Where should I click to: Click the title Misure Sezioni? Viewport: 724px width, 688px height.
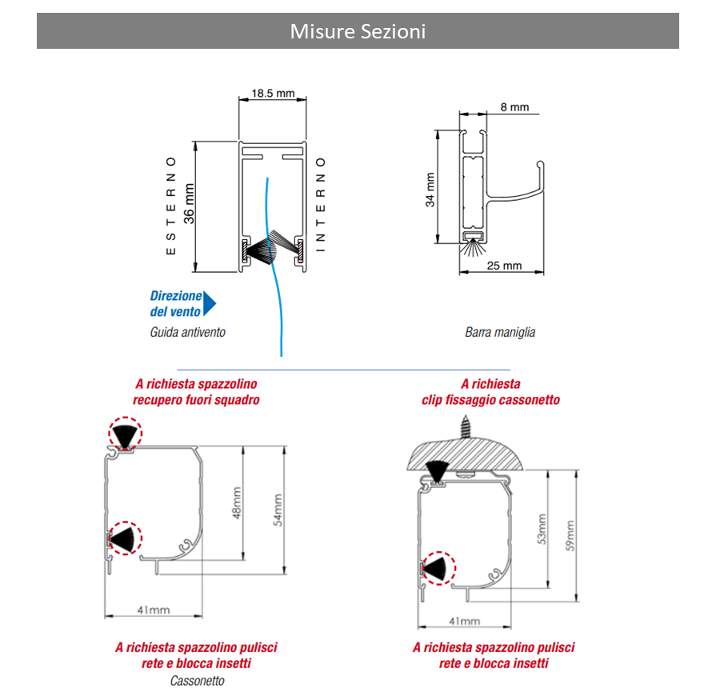click(358, 31)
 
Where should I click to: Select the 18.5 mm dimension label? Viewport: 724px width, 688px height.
click(274, 94)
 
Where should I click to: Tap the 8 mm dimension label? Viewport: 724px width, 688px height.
click(514, 107)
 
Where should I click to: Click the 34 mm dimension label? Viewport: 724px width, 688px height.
click(430, 190)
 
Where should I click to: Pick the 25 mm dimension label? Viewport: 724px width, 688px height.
click(504, 266)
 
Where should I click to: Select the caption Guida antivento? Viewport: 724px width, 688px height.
click(188, 332)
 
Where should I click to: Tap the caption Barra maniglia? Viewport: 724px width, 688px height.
click(500, 332)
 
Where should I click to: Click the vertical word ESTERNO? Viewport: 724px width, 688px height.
click(170, 206)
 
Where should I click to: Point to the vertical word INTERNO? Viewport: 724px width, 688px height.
click(321, 206)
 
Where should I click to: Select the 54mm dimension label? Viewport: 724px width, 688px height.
click(278, 510)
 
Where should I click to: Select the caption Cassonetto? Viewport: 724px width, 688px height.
click(197, 681)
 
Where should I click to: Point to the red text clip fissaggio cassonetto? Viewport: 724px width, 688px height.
click(491, 400)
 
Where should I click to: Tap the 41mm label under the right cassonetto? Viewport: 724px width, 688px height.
click(464, 621)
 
